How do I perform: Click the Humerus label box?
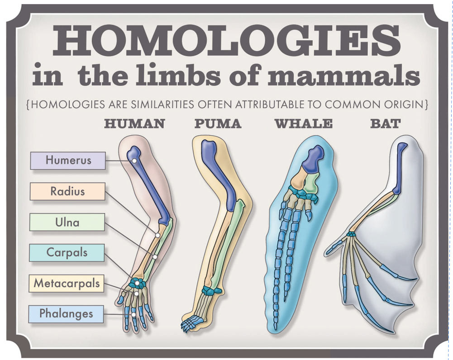tap(68, 160)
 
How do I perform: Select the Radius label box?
tap(67, 191)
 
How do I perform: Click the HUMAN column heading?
tap(134, 123)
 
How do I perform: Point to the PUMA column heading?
tap(218, 123)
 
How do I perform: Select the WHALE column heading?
tap(303, 123)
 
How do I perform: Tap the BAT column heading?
tap(385, 123)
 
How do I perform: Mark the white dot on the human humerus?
tap(134, 161)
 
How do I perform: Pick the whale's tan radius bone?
tap(297, 180)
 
